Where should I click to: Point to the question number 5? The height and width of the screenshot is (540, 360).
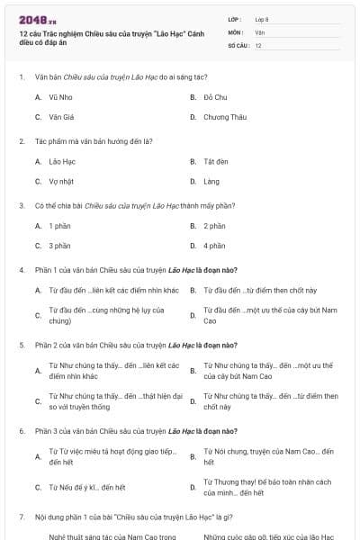(22, 345)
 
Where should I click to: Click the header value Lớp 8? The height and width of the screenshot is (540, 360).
(262, 18)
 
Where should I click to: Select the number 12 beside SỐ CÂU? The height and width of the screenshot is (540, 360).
(258, 44)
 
